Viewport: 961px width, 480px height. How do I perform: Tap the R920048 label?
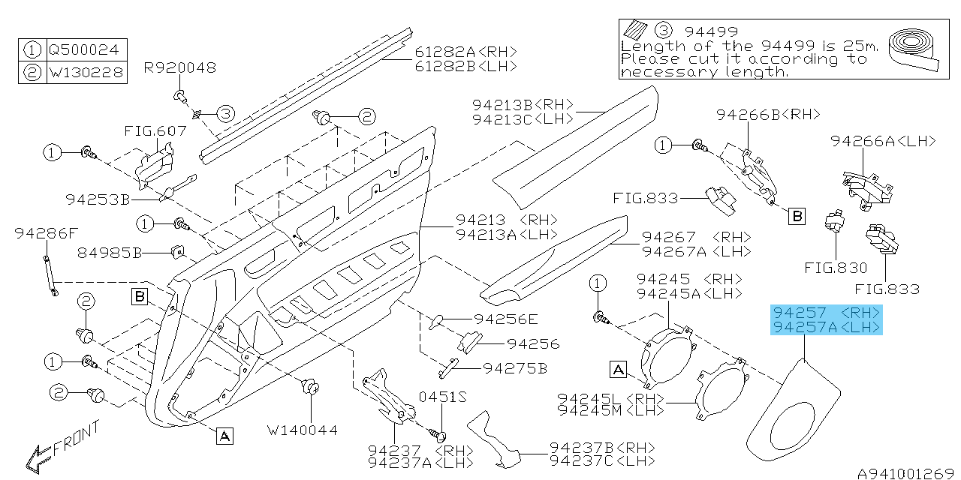[x=179, y=68]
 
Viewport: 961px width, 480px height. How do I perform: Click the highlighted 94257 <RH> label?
[x=827, y=312]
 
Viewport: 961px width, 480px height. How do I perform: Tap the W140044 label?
[x=303, y=430]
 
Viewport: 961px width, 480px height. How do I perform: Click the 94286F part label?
[x=46, y=234]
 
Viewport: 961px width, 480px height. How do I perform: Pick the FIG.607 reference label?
[x=155, y=131]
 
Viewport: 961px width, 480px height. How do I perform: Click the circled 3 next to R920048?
[x=226, y=114]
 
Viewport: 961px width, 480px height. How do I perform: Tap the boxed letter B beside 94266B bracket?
[x=797, y=217]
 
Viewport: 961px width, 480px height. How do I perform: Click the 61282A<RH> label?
[x=466, y=52]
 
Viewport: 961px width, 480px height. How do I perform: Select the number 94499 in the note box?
[x=711, y=31]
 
